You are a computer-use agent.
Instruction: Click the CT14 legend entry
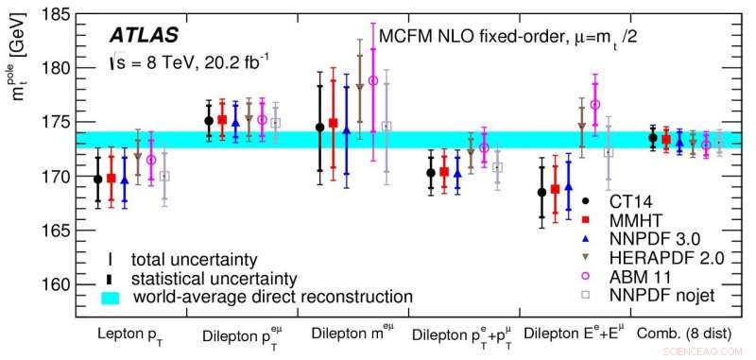[634, 200]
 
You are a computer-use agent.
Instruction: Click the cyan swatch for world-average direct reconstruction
[112, 296]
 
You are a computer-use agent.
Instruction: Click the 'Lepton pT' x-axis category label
[133, 334]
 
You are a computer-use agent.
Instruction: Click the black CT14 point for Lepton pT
[98, 179]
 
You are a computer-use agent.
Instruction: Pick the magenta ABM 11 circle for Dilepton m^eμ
[372, 80]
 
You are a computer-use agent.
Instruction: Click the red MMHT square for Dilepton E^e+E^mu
[555, 189]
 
